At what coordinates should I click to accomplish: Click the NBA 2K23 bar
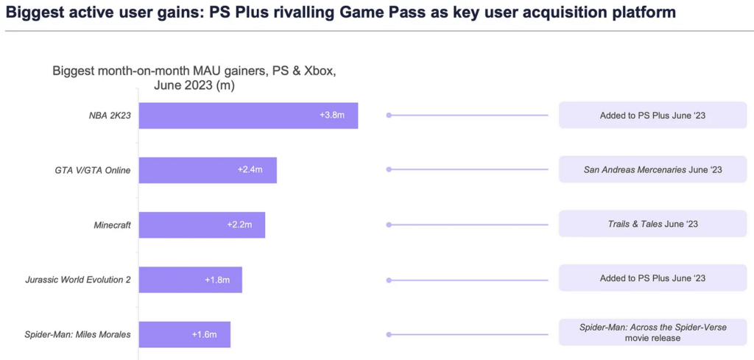coord(248,116)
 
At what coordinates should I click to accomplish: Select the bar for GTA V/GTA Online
coord(208,170)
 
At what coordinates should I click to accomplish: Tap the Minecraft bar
coord(202,225)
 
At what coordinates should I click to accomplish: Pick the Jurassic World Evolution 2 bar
coord(190,280)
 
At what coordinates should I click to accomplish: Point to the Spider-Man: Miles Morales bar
coord(184,334)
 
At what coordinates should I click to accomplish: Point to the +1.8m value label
coord(217,280)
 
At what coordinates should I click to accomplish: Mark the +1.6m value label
coord(204,334)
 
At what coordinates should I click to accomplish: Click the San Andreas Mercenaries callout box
coord(652,170)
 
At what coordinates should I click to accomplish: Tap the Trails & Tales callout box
coord(652,225)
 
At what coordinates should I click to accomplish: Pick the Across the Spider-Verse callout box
coord(652,332)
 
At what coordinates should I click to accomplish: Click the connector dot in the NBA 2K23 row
coord(389,116)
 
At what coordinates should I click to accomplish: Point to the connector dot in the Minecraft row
coord(389,225)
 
